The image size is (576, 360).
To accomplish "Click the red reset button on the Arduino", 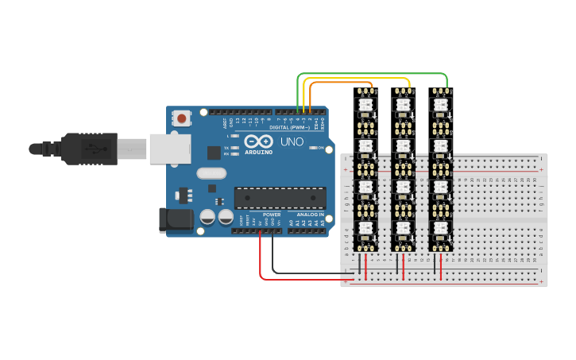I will click(182, 119).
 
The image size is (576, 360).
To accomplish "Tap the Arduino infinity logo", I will click(259, 141).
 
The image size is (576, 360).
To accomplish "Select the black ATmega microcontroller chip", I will click(280, 198).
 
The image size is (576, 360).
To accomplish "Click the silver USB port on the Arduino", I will click(168, 149).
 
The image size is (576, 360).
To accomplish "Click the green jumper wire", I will click(373, 74).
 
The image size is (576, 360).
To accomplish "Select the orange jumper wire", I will click(342, 83).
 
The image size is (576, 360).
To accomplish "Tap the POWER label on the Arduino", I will click(272, 215).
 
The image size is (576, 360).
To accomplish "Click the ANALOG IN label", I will click(311, 215).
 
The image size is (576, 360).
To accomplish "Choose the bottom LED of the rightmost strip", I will click(440, 229).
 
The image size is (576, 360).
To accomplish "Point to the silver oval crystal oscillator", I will click(211, 173).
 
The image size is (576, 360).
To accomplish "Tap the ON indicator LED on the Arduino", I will click(315, 148).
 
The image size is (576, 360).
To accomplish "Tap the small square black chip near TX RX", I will click(214, 152).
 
